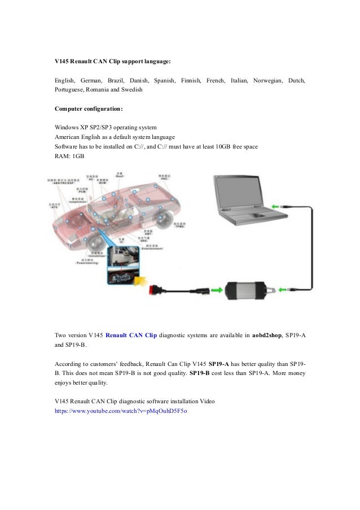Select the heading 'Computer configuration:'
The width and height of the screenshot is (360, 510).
(x=89, y=108)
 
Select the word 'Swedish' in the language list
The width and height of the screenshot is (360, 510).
(x=132, y=90)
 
